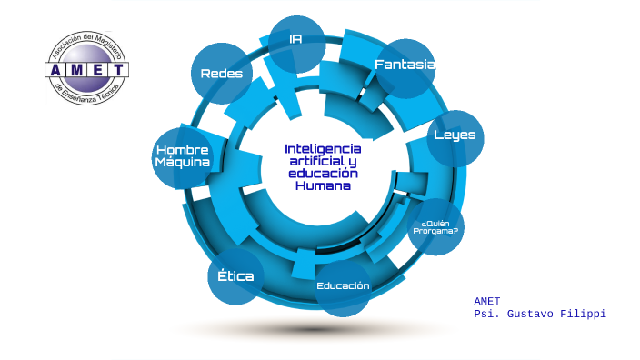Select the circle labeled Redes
(221, 74)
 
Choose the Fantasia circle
(405, 66)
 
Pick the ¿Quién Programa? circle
(435, 227)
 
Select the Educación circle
(343, 287)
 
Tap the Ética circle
(236, 275)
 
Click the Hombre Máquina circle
(183, 156)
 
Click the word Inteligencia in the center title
(323, 148)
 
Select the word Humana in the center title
(322, 185)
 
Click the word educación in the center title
(323, 173)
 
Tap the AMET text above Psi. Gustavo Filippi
(487, 301)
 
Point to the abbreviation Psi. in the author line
(488, 314)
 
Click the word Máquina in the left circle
(183, 163)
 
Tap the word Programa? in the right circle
(435, 232)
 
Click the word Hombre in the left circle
(183, 150)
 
